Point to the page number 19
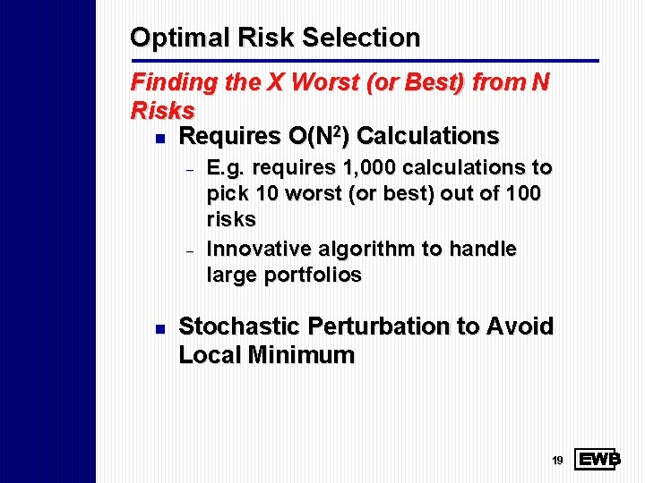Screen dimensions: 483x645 coord(557,461)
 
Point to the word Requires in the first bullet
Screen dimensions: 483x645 coord(229,136)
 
